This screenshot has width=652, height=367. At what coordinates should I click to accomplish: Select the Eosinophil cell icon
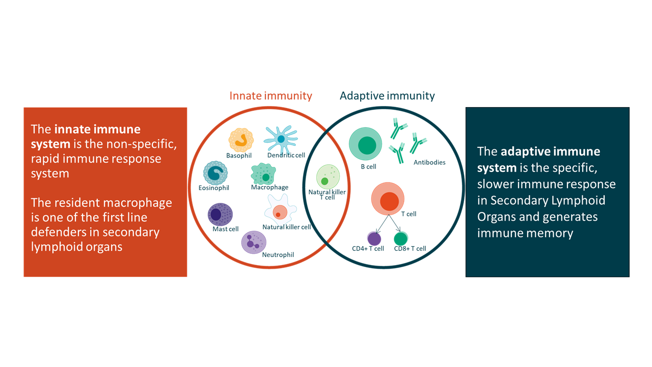pyautogui.click(x=214, y=173)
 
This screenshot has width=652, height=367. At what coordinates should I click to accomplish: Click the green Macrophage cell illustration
pyautogui.click(x=264, y=174)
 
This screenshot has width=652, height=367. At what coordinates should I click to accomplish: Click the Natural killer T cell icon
pyautogui.click(x=328, y=177)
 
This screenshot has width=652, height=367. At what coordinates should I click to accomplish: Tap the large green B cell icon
pyautogui.click(x=365, y=145)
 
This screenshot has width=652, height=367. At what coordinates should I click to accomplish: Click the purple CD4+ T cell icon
pyautogui.click(x=374, y=238)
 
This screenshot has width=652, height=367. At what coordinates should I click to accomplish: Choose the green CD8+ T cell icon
pyautogui.click(x=401, y=238)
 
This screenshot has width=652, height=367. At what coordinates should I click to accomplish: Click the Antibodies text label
pyautogui.click(x=429, y=163)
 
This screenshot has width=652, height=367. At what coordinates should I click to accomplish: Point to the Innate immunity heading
pyautogui.click(x=270, y=95)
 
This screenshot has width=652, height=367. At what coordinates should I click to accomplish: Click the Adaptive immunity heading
pyautogui.click(x=387, y=95)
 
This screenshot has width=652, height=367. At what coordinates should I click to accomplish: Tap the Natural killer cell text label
pyautogui.click(x=286, y=227)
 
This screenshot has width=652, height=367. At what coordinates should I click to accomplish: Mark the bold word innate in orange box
pyautogui.click(x=75, y=129)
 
